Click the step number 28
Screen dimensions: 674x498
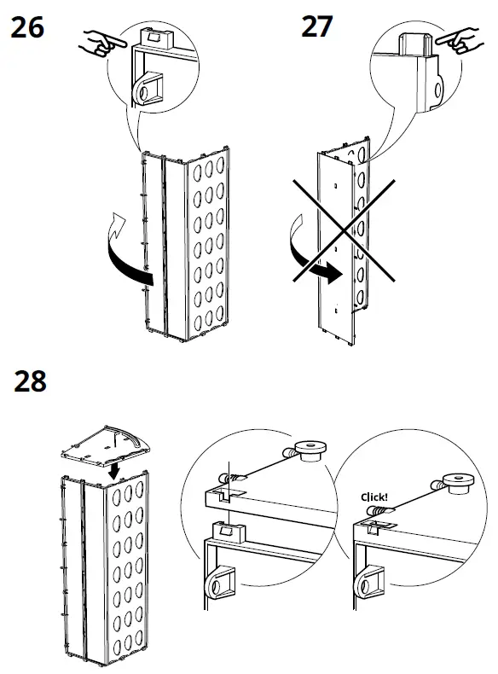(x=30, y=381)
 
